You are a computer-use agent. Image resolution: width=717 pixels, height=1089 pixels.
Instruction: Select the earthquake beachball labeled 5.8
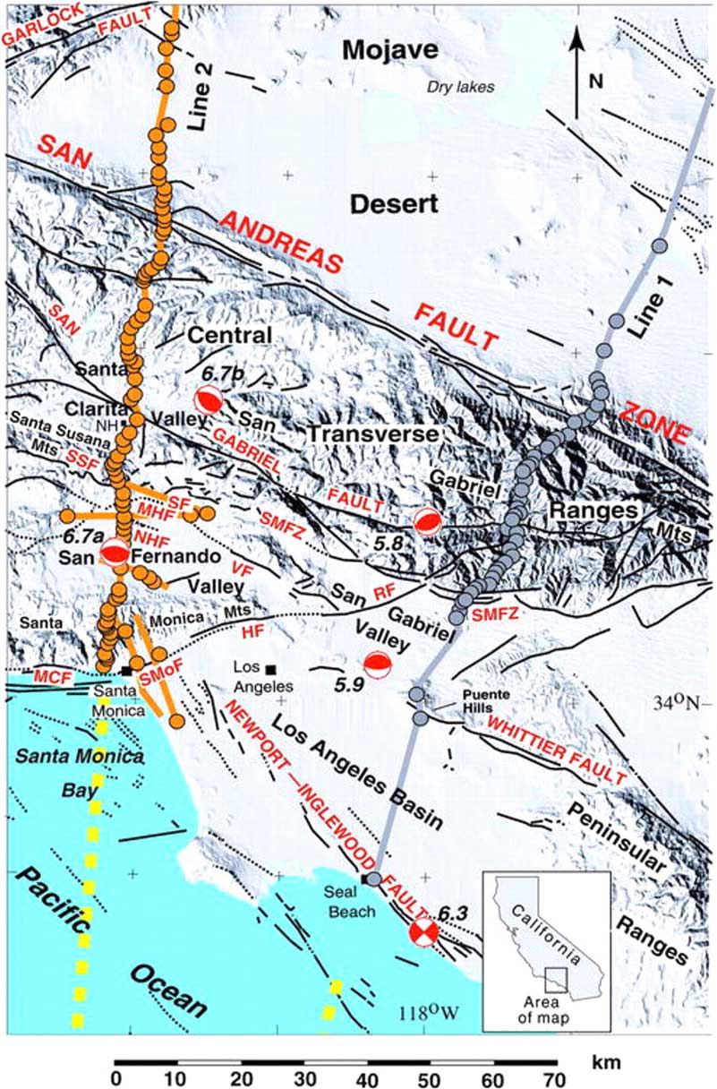427,525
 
